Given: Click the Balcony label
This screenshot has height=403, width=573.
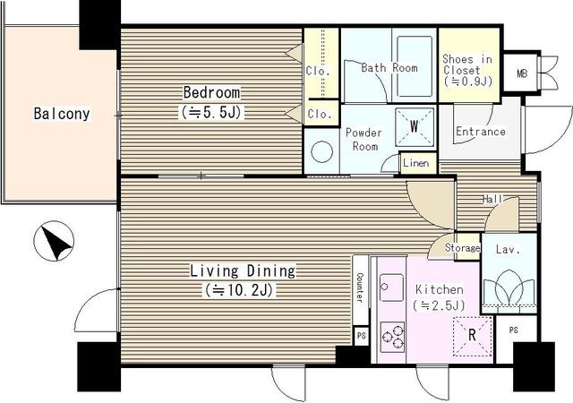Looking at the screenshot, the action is [62, 114].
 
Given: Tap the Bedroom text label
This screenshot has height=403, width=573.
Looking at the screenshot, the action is [211, 92].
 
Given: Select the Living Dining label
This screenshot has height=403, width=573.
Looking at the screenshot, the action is [243, 271].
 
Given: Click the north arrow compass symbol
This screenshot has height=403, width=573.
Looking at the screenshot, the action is [54, 241].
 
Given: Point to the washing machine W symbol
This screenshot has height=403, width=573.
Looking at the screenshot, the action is [415, 126].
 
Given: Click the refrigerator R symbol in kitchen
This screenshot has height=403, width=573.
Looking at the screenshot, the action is [472, 335].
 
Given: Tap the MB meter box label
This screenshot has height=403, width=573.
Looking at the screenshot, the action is [522, 73].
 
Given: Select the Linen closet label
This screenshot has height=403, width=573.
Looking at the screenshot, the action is [416, 163].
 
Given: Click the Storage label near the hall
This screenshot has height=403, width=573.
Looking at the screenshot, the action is [463, 248].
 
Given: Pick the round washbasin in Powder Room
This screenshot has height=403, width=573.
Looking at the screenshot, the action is [322, 151].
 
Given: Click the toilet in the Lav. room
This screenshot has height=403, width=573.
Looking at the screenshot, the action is [509, 287].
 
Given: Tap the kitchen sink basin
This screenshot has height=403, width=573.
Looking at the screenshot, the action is [391, 287].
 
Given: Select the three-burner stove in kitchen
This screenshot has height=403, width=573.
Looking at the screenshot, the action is [392, 337].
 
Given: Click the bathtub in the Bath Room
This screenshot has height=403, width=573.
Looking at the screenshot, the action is [415, 66].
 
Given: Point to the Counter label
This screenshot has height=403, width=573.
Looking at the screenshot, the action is [360, 287].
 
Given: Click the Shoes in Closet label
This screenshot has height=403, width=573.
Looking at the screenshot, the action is [467, 70].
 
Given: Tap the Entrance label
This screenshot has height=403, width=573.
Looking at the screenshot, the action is [481, 132].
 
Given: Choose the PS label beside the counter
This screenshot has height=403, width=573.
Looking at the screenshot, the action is [362, 336].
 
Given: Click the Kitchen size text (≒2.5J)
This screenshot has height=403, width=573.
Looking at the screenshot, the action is [439, 305].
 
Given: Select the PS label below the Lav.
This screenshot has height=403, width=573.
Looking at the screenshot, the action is [513, 330].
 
